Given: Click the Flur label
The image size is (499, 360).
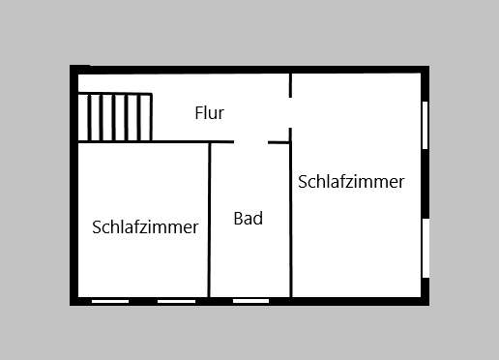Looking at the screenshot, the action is pos(209,113).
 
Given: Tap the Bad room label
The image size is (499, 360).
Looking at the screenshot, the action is pos(249,219).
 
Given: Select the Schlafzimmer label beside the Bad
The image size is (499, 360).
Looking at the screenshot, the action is pos(145,227).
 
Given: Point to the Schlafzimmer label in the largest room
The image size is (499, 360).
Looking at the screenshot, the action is pos(351,182).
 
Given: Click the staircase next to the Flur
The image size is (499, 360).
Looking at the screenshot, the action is pos(115,117).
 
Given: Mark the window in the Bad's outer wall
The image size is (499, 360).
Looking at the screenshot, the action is pos(250,301).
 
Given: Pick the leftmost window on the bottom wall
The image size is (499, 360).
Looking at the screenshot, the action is pos(110,301).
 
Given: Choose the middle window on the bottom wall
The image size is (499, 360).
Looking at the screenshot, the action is pos(176,301).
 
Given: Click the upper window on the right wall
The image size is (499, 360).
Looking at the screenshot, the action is pos(425,124).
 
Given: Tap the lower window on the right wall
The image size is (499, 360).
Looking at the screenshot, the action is pos(425,248).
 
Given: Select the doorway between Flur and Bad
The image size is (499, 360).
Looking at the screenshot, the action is pos(250,142).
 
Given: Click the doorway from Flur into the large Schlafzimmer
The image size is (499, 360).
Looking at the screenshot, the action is pos(290,113).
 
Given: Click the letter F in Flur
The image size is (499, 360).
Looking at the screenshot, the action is pos(198,113).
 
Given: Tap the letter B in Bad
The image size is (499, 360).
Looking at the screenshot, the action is pos(238,219).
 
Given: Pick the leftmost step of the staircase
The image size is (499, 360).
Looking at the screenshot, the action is pos(84,117).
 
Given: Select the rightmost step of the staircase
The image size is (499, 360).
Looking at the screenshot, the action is pos(146,117).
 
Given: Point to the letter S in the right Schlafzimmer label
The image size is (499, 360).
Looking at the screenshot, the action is pos(303,182).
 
